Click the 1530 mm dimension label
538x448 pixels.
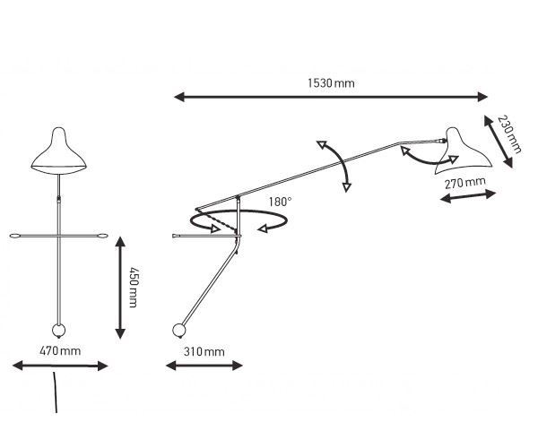point(331,82)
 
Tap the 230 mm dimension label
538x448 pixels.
point(508,135)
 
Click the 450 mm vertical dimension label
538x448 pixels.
point(134,288)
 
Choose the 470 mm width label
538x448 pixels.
point(61,350)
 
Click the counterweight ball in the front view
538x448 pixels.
point(59,332)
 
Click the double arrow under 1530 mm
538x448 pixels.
point(332,97)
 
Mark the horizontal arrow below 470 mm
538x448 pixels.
point(60,365)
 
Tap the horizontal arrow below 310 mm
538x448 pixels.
point(205,365)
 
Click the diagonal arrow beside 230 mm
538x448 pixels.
point(499,141)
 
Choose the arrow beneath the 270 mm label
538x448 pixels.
point(467,198)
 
